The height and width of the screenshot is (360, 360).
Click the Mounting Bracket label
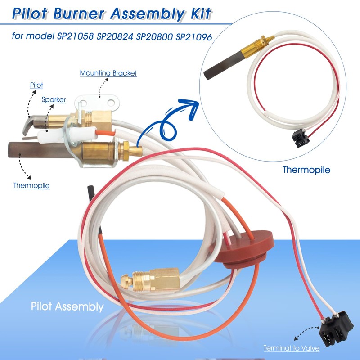tap(108, 72)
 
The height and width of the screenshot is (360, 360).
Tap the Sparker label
tap(54, 99)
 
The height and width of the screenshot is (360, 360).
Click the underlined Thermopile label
tap(31, 185)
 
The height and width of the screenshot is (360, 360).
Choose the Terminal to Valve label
tap(292, 348)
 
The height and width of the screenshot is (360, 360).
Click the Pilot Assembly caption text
tap(67, 307)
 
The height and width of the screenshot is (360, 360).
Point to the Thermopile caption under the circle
tap(306, 170)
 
